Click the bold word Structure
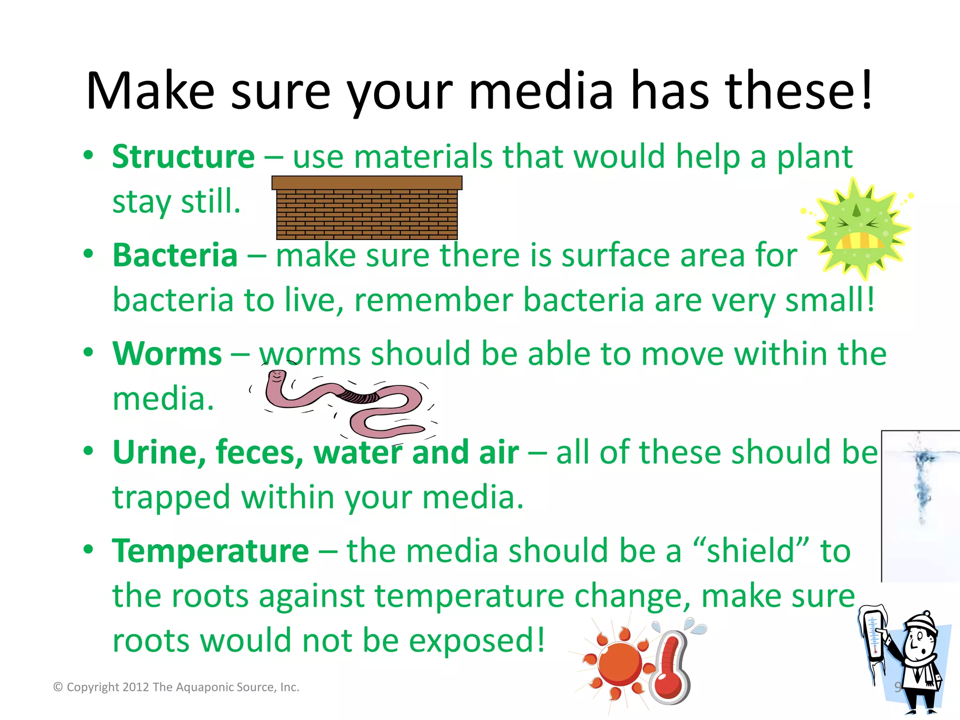click(183, 157)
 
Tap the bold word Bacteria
click(175, 255)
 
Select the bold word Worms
click(167, 354)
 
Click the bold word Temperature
click(210, 551)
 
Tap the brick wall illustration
click(367, 208)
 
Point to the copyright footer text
click(176, 687)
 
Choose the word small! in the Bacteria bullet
click(830, 300)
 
